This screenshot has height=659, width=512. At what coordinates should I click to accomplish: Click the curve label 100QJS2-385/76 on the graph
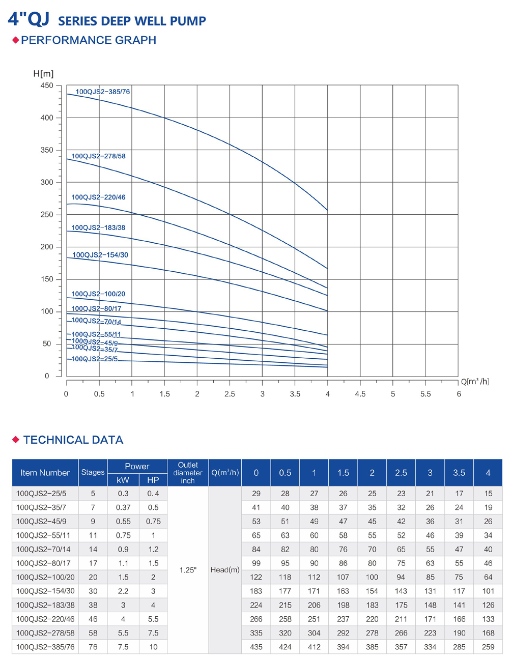[103, 92]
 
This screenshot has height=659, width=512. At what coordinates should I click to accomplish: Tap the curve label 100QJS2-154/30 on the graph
[100, 255]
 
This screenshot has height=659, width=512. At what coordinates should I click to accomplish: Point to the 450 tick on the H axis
[47, 85]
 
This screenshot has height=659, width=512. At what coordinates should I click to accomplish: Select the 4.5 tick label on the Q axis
[360, 394]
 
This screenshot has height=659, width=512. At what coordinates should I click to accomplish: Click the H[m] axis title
[43, 74]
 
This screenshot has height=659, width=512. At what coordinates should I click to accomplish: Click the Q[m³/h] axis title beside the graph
[475, 382]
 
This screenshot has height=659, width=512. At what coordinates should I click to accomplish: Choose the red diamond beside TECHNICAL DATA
[16, 439]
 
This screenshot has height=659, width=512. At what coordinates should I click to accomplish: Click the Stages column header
[93, 472]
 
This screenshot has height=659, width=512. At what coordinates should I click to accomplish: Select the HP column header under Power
[153, 480]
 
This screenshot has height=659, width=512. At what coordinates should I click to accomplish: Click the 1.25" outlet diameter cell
[188, 570]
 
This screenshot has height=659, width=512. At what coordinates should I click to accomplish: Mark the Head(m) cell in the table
[224, 570]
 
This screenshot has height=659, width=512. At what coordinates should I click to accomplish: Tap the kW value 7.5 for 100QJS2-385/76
[123, 647]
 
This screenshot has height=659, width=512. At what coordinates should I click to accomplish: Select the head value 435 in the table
[256, 647]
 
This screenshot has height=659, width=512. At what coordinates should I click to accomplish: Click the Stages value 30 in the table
[93, 591]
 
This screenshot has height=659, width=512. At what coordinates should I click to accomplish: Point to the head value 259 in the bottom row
[488, 647]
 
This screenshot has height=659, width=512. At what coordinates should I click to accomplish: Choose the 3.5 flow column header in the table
[459, 473]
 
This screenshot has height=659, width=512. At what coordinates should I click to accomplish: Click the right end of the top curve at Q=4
[327, 210]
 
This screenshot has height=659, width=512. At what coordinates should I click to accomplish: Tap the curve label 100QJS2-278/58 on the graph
[98, 156]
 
